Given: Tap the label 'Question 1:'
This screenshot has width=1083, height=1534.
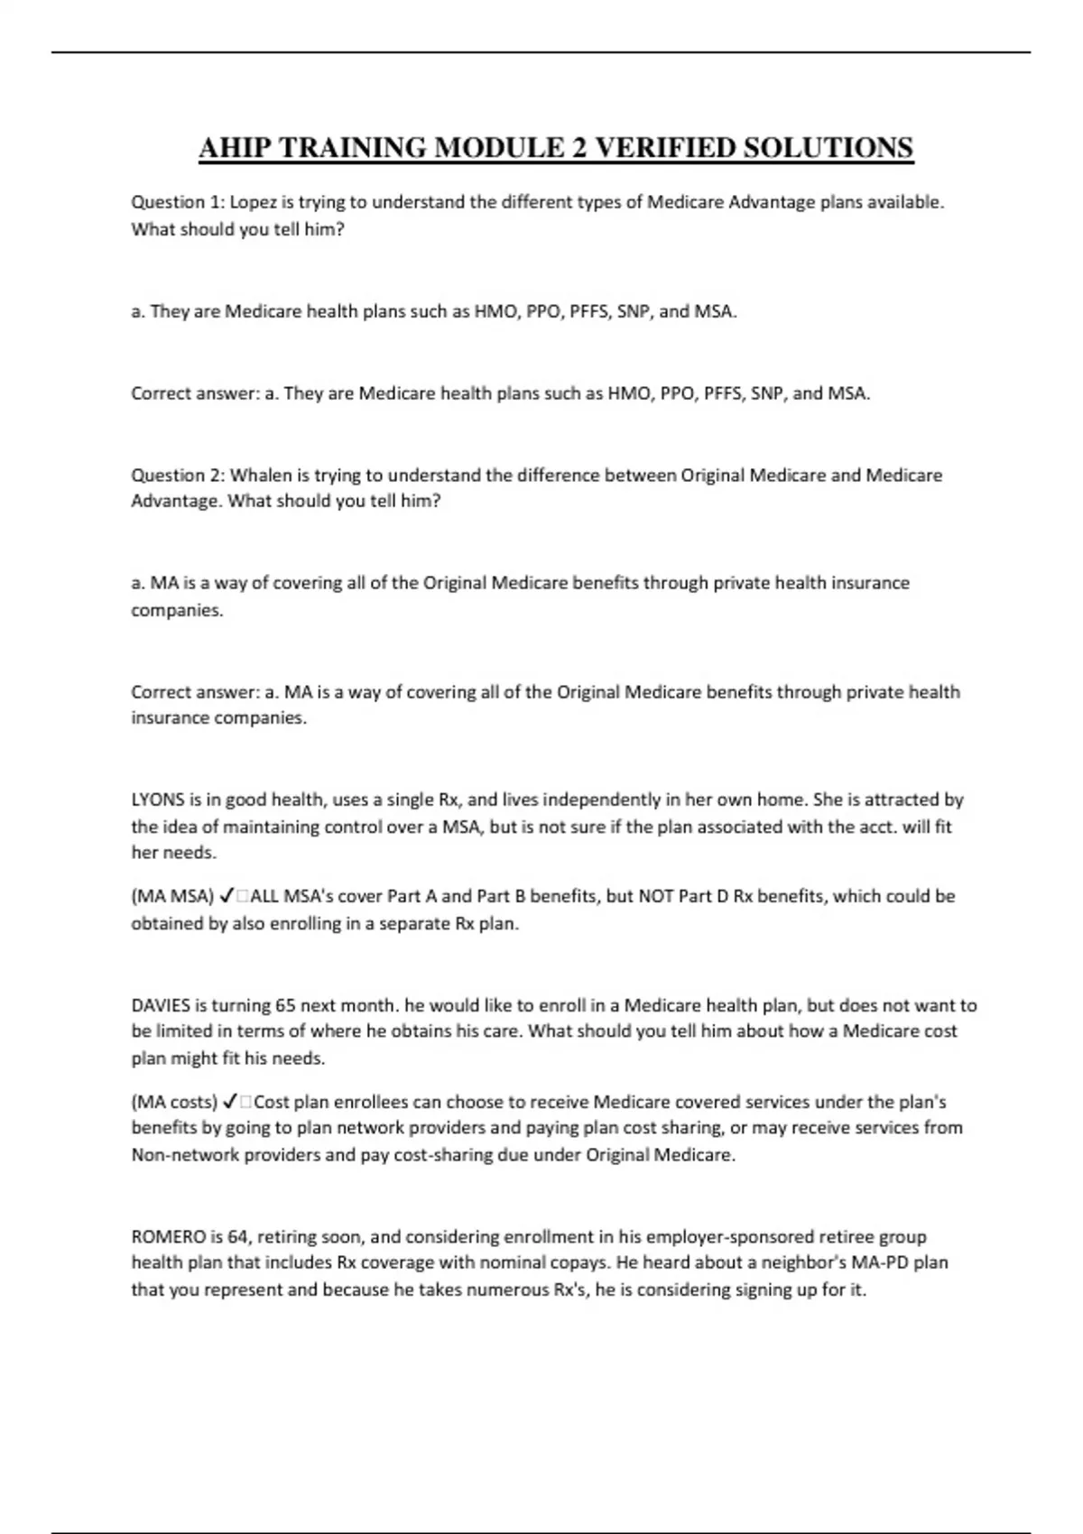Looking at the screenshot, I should pos(178,202).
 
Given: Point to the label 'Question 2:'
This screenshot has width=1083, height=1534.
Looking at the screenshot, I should pos(178,475).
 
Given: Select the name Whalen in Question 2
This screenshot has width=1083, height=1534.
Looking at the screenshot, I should pos(257,475).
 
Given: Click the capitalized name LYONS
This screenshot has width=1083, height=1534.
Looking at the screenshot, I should pos(158,799).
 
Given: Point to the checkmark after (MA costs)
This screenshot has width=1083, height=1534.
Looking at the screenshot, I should pos(230,1102).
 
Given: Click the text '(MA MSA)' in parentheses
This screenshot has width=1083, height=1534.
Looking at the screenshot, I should pos(172,896).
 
